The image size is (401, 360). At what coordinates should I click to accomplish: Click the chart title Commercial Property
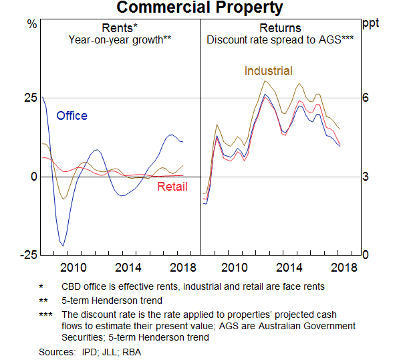200,8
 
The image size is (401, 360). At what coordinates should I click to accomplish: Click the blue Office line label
72,116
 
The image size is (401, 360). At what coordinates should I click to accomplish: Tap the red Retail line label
172,187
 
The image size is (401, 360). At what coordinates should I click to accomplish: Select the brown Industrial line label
268,71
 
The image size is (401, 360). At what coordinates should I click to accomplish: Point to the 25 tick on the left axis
31,98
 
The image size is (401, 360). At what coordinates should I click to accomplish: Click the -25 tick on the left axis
29,256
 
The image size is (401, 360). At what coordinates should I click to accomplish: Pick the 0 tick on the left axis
33,177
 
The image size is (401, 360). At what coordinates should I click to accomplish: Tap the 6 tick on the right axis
366,98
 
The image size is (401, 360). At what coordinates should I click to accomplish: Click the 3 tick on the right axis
366,177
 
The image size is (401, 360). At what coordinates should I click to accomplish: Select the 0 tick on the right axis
366,256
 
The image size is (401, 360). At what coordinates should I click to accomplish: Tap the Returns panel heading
280,28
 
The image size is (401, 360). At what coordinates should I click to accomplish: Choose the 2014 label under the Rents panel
127,268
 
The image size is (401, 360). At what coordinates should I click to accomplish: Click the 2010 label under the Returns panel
235,268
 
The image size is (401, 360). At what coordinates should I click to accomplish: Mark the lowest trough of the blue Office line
63,246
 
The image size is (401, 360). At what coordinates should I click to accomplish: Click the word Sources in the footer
56,351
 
